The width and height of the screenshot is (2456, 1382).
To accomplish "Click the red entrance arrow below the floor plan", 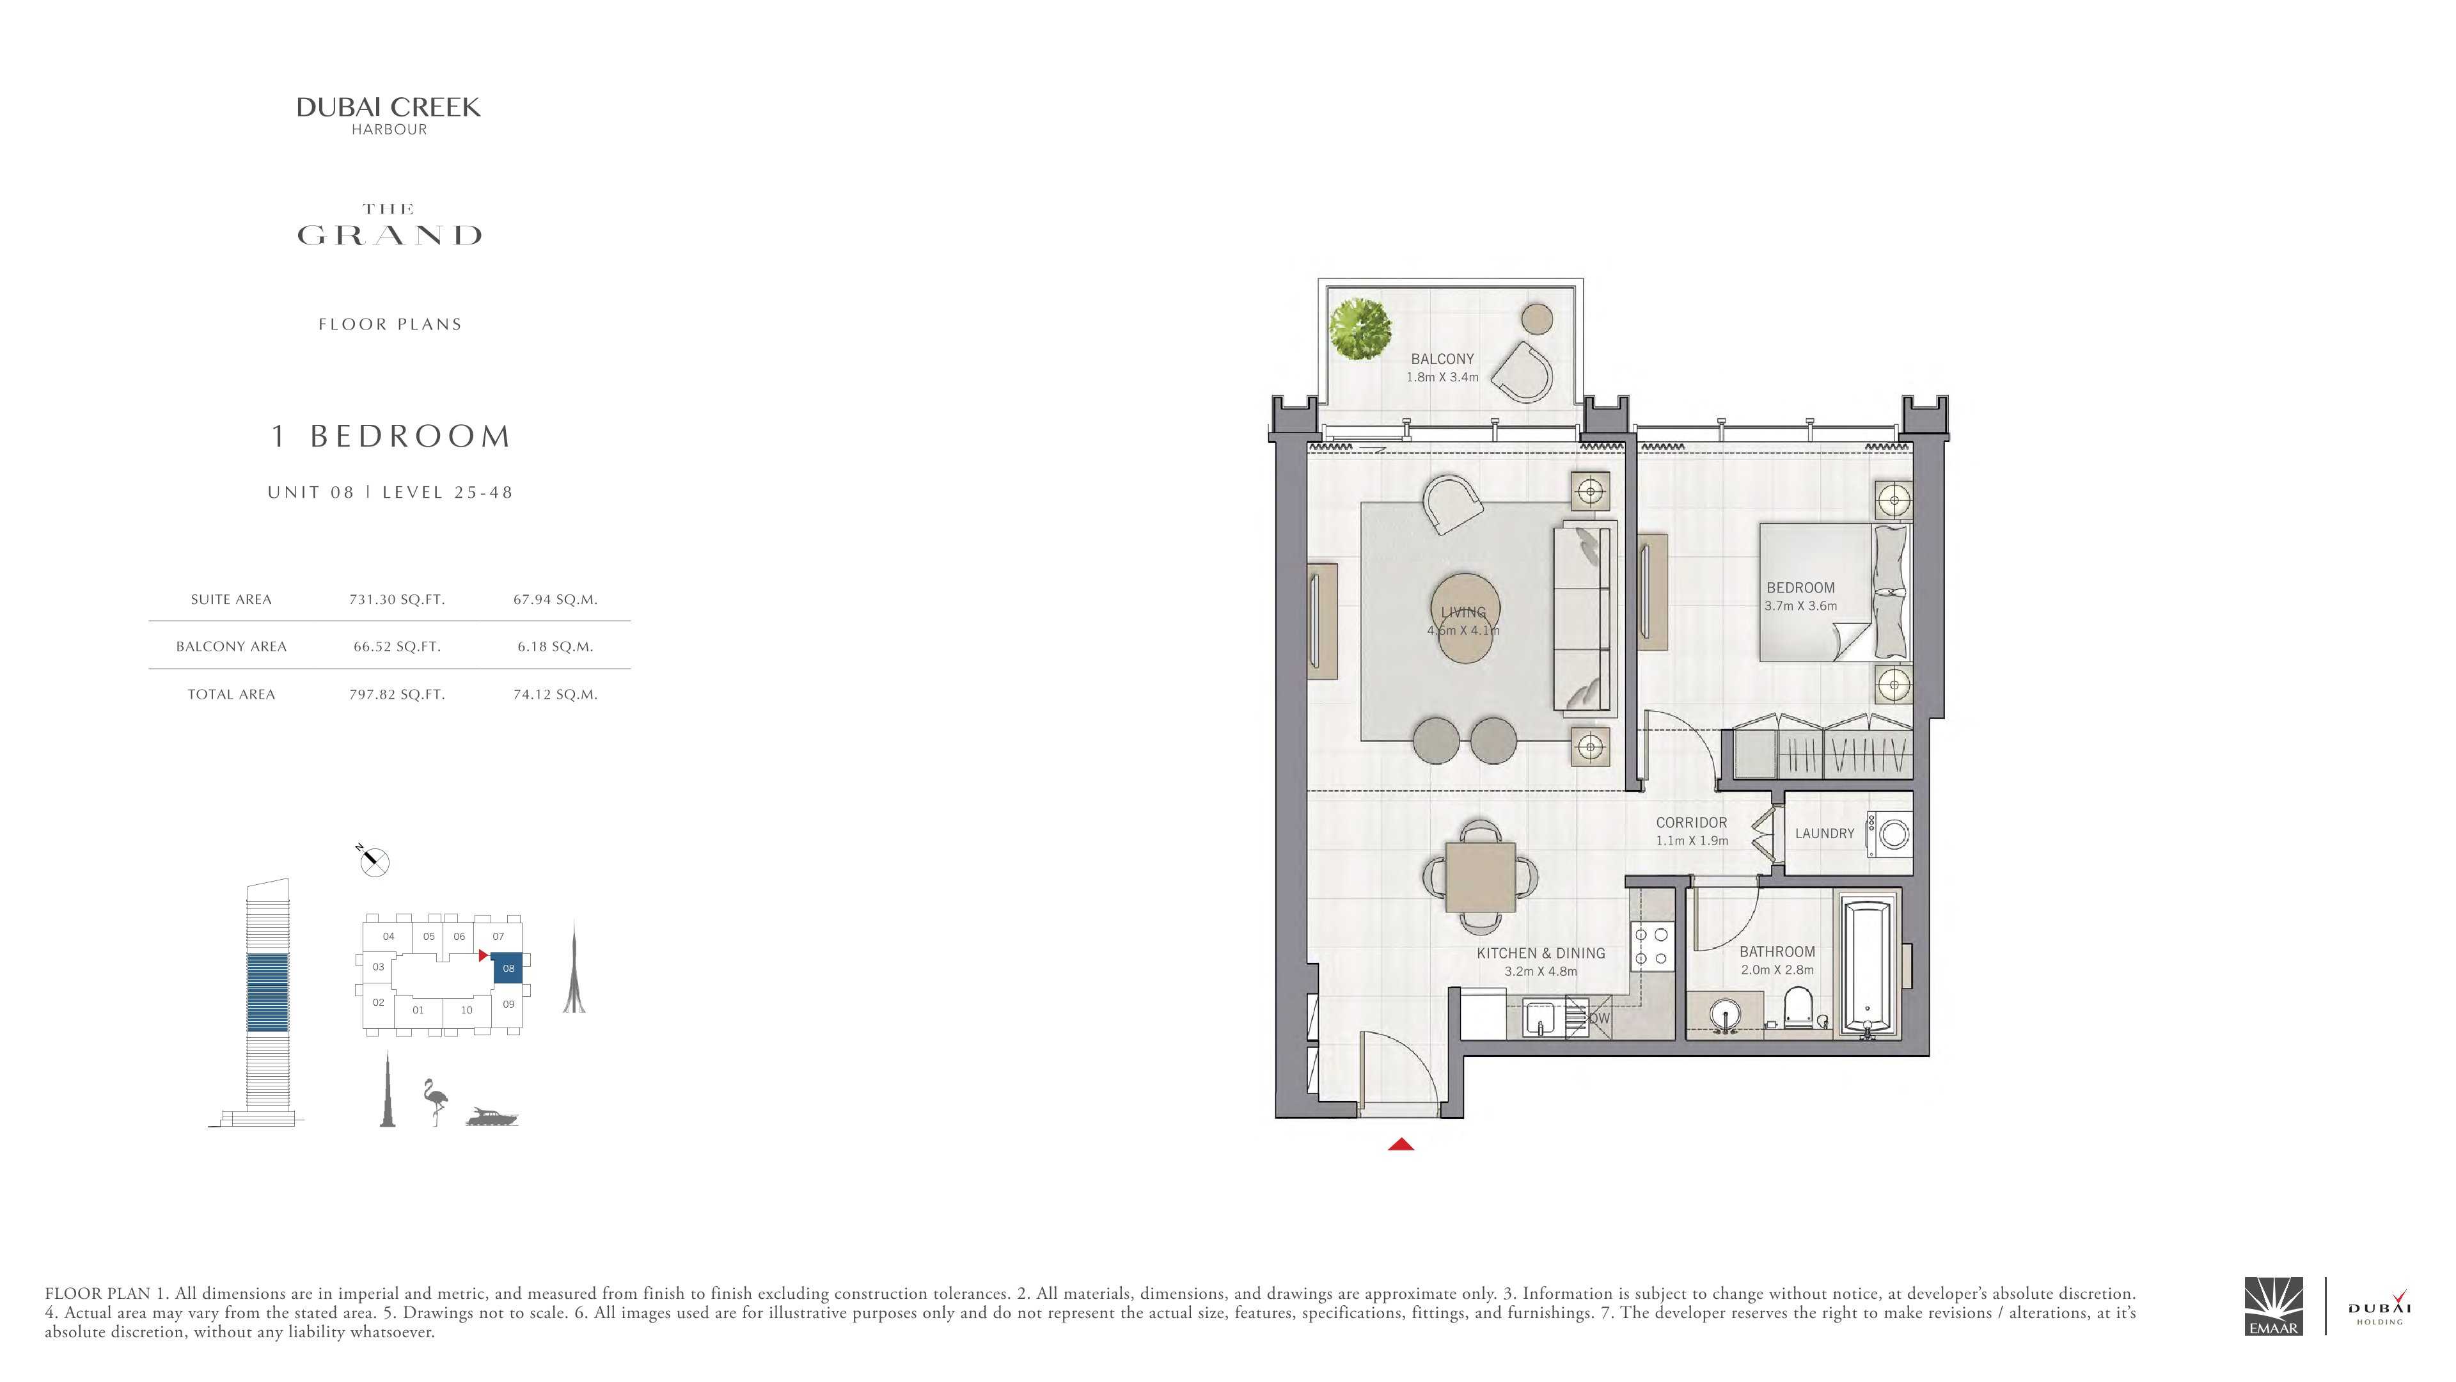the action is click(1401, 1145).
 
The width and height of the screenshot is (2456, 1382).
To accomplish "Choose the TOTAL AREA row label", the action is click(231, 694).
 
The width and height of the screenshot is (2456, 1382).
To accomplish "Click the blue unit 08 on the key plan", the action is click(508, 968).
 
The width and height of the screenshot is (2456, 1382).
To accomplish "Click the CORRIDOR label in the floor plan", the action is click(1691, 822).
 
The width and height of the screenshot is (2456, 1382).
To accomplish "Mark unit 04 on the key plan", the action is click(388, 935).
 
